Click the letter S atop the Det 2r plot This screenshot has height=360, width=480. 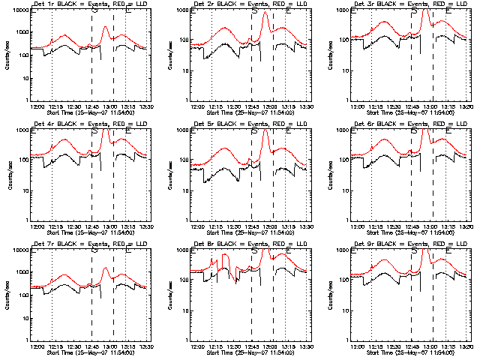pyautogui.click(x=254, y=11)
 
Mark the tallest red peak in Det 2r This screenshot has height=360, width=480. pyautogui.click(x=265, y=13)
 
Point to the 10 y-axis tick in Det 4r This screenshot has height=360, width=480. pyautogui.click(x=21, y=190)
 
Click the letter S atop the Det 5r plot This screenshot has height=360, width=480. pyautogui.click(x=254, y=131)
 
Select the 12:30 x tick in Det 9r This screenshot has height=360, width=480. pyautogui.click(x=392, y=346)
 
